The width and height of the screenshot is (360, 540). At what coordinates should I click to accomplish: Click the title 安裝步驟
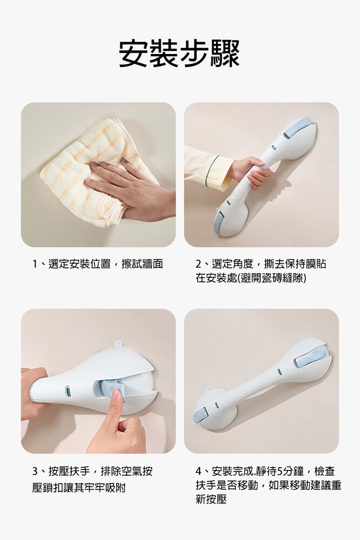pyautogui.click(x=179, y=53)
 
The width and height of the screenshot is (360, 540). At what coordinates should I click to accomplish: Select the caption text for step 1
pyautogui.click(x=97, y=264)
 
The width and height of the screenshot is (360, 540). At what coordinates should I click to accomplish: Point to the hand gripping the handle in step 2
pyautogui.click(x=254, y=173)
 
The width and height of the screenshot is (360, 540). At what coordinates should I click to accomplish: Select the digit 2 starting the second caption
pyautogui.click(x=198, y=265)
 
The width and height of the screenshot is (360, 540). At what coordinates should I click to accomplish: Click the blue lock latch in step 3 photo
pyautogui.click(x=110, y=387)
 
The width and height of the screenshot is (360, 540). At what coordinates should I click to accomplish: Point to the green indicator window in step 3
pyautogui.click(x=69, y=392)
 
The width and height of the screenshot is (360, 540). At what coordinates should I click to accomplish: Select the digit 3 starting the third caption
pyautogui.click(x=35, y=471)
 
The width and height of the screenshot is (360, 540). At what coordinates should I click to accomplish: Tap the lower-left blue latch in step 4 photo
pyautogui.click(x=201, y=413)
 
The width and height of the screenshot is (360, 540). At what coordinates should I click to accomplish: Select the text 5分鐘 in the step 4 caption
pyautogui.click(x=291, y=471)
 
